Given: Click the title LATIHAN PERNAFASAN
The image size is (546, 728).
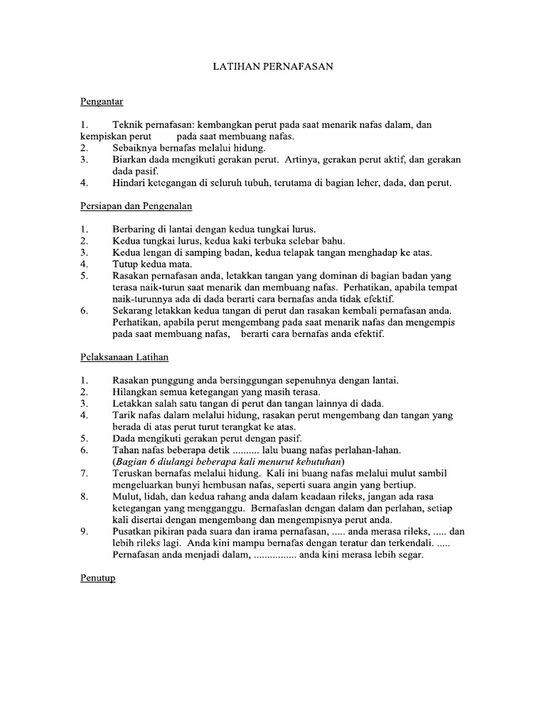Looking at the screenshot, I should [x=274, y=67].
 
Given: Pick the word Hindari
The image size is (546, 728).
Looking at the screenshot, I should [x=129, y=183].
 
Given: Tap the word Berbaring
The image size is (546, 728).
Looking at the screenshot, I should [x=134, y=229].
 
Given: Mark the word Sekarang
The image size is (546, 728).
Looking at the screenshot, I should [x=133, y=310].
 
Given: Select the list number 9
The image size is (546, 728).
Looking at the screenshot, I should [x=84, y=531].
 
